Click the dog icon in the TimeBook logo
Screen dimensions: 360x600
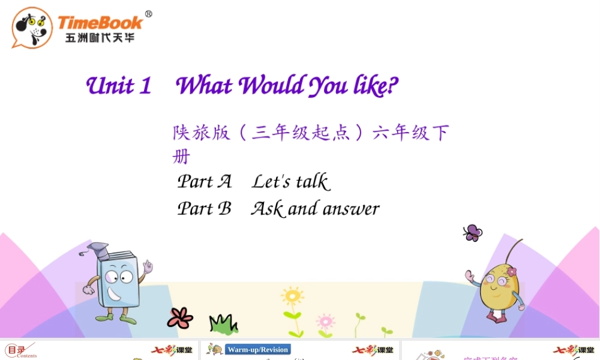(x=32, y=27)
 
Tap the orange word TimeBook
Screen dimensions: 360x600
(x=100, y=23)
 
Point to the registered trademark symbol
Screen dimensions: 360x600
(x=148, y=14)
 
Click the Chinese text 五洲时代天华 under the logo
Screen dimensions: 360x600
(x=100, y=38)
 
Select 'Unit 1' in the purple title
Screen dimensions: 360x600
(x=119, y=85)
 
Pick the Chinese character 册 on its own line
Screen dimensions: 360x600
(x=181, y=157)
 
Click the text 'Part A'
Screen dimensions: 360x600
(x=204, y=181)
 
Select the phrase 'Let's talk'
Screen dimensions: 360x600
(x=290, y=181)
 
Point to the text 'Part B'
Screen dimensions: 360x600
(x=204, y=208)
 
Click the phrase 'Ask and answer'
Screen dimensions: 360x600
(x=315, y=208)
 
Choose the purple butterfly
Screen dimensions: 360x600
(x=472, y=233)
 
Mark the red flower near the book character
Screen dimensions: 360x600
(x=180, y=317)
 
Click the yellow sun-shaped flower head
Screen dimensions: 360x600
(x=292, y=296)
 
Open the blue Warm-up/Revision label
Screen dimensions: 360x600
(x=258, y=350)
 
